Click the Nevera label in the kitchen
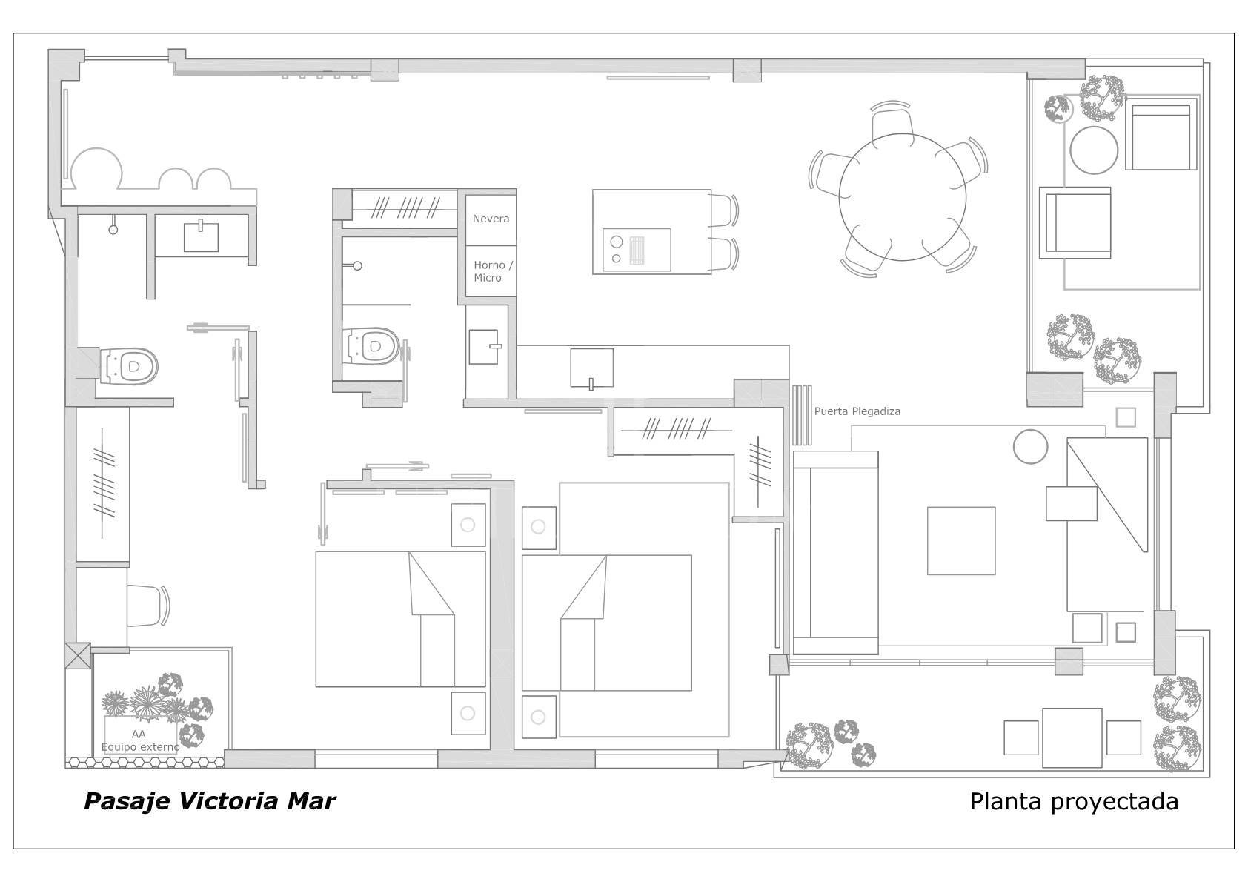pyautogui.click(x=491, y=219)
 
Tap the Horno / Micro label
pyautogui.click(x=493, y=271)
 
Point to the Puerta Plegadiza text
pyautogui.click(x=857, y=411)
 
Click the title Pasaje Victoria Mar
pyautogui.click(x=210, y=801)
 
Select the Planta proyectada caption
pyautogui.click(x=1074, y=801)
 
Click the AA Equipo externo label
pyautogui.click(x=140, y=740)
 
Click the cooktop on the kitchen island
pyautogui.click(x=636, y=250)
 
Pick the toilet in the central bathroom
pyautogui.click(x=374, y=346)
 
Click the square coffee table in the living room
pyautogui.click(x=961, y=540)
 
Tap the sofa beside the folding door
pyautogui.click(x=835, y=552)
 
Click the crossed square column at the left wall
pyautogui.click(x=78, y=656)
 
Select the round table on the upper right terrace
pyautogui.click(x=1094, y=150)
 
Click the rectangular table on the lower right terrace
pyautogui.click(x=1072, y=737)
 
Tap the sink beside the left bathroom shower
pyautogui.click(x=201, y=236)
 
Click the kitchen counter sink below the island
pyautogui.click(x=591, y=368)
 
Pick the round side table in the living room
pyautogui.click(x=1030, y=447)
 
